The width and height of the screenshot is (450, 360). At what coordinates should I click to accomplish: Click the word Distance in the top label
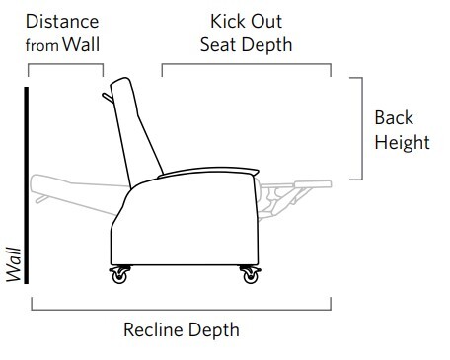coord(61,21)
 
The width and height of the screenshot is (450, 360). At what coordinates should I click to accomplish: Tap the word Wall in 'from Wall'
coord(83,44)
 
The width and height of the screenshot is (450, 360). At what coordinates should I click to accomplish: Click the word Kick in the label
coord(228,21)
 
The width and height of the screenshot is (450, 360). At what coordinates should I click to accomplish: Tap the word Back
coord(394,118)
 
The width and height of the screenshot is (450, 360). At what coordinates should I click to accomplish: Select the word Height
coord(402,142)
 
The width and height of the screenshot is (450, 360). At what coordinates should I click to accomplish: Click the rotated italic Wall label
coord(14,264)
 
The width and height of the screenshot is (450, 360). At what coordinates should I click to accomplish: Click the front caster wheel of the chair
coord(246,276)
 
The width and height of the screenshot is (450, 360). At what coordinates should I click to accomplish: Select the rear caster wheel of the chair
coord(120,276)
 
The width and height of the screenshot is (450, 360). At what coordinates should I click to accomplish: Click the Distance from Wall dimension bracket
coord(65,66)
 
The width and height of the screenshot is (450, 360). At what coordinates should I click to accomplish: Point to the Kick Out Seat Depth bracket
coord(246,66)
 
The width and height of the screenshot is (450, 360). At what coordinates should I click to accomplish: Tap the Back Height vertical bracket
coord(362,129)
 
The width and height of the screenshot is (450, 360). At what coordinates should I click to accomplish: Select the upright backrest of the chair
coord(137,128)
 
